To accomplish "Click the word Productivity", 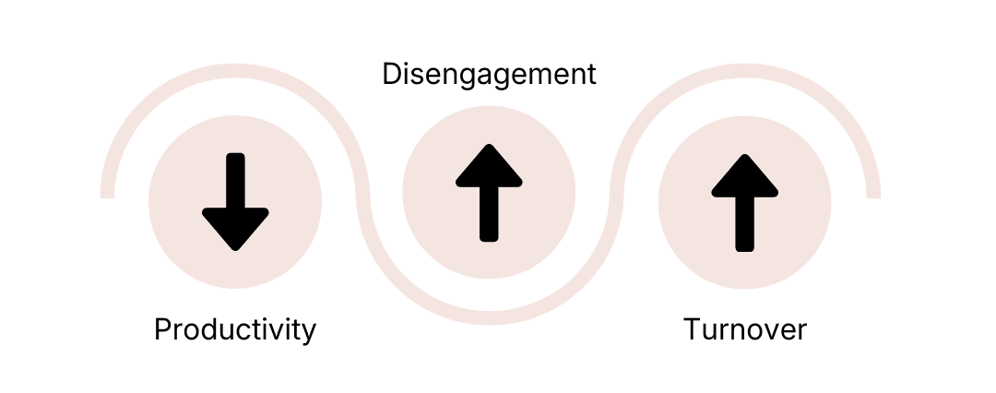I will click(x=235, y=329).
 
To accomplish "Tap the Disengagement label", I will click(x=489, y=74).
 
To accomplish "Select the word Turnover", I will click(x=744, y=329).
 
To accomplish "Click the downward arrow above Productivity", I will click(x=235, y=201).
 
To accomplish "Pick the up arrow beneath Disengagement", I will click(x=489, y=193).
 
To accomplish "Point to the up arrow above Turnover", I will click(x=744, y=202).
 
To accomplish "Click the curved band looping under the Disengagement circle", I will click(x=489, y=318).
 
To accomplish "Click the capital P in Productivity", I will click(x=163, y=329).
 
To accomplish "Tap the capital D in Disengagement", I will click(x=391, y=74).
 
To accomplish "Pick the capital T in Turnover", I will click(x=693, y=329).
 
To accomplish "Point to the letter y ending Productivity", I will click(x=308, y=332).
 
